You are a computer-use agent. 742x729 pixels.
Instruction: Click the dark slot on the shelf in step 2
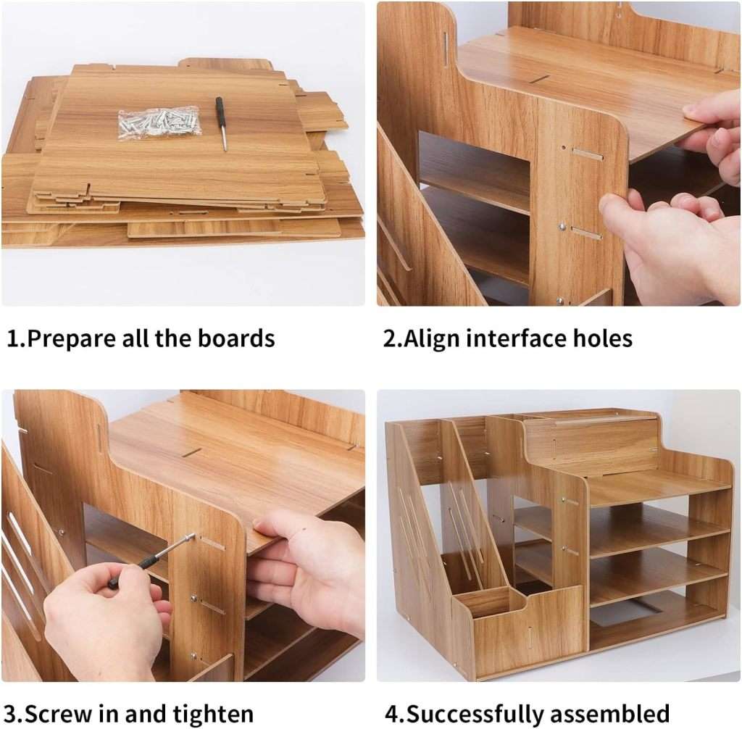coord(539,78)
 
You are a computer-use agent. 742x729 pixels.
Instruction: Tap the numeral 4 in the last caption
coord(392,713)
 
